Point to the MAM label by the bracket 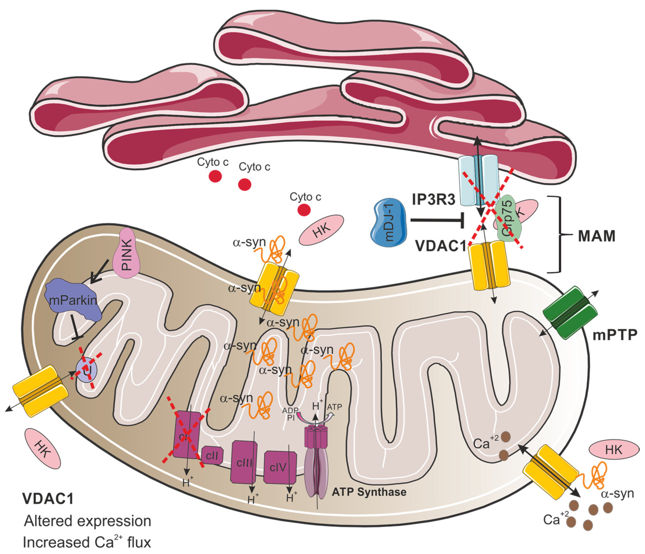tap(596, 236)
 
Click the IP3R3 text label tap(434, 200)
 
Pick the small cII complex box tap(212, 456)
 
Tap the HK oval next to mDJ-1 tap(321, 230)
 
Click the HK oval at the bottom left tap(43, 448)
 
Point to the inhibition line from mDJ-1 tap(436, 220)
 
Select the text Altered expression tap(88, 521)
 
